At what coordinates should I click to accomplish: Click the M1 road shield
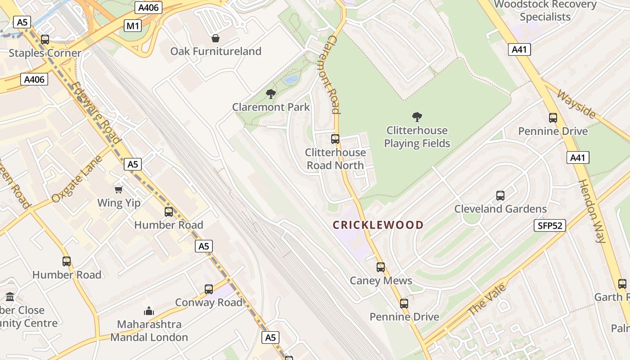pos(133,26)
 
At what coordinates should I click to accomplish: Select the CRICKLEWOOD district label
pos(378,225)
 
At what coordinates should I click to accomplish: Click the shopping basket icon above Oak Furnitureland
pos(216,38)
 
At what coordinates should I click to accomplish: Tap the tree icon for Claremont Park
pos(270,94)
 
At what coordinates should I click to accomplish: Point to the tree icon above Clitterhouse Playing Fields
pos(417,117)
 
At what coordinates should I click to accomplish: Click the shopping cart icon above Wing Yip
pos(119,190)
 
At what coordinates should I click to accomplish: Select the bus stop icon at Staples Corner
pos(45,40)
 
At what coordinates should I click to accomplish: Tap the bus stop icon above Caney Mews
pos(381,267)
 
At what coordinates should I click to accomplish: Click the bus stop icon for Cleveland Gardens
pos(500,196)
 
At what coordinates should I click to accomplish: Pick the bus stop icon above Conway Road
pos(209,289)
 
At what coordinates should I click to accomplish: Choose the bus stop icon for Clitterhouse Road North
pos(335,139)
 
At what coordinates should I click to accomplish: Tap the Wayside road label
pos(576,104)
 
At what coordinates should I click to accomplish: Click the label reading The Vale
pos(487,300)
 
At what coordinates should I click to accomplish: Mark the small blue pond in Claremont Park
pos(291,80)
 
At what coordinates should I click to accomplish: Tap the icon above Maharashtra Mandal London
pos(149,311)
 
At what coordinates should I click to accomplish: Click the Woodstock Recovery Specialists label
pos(545,11)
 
